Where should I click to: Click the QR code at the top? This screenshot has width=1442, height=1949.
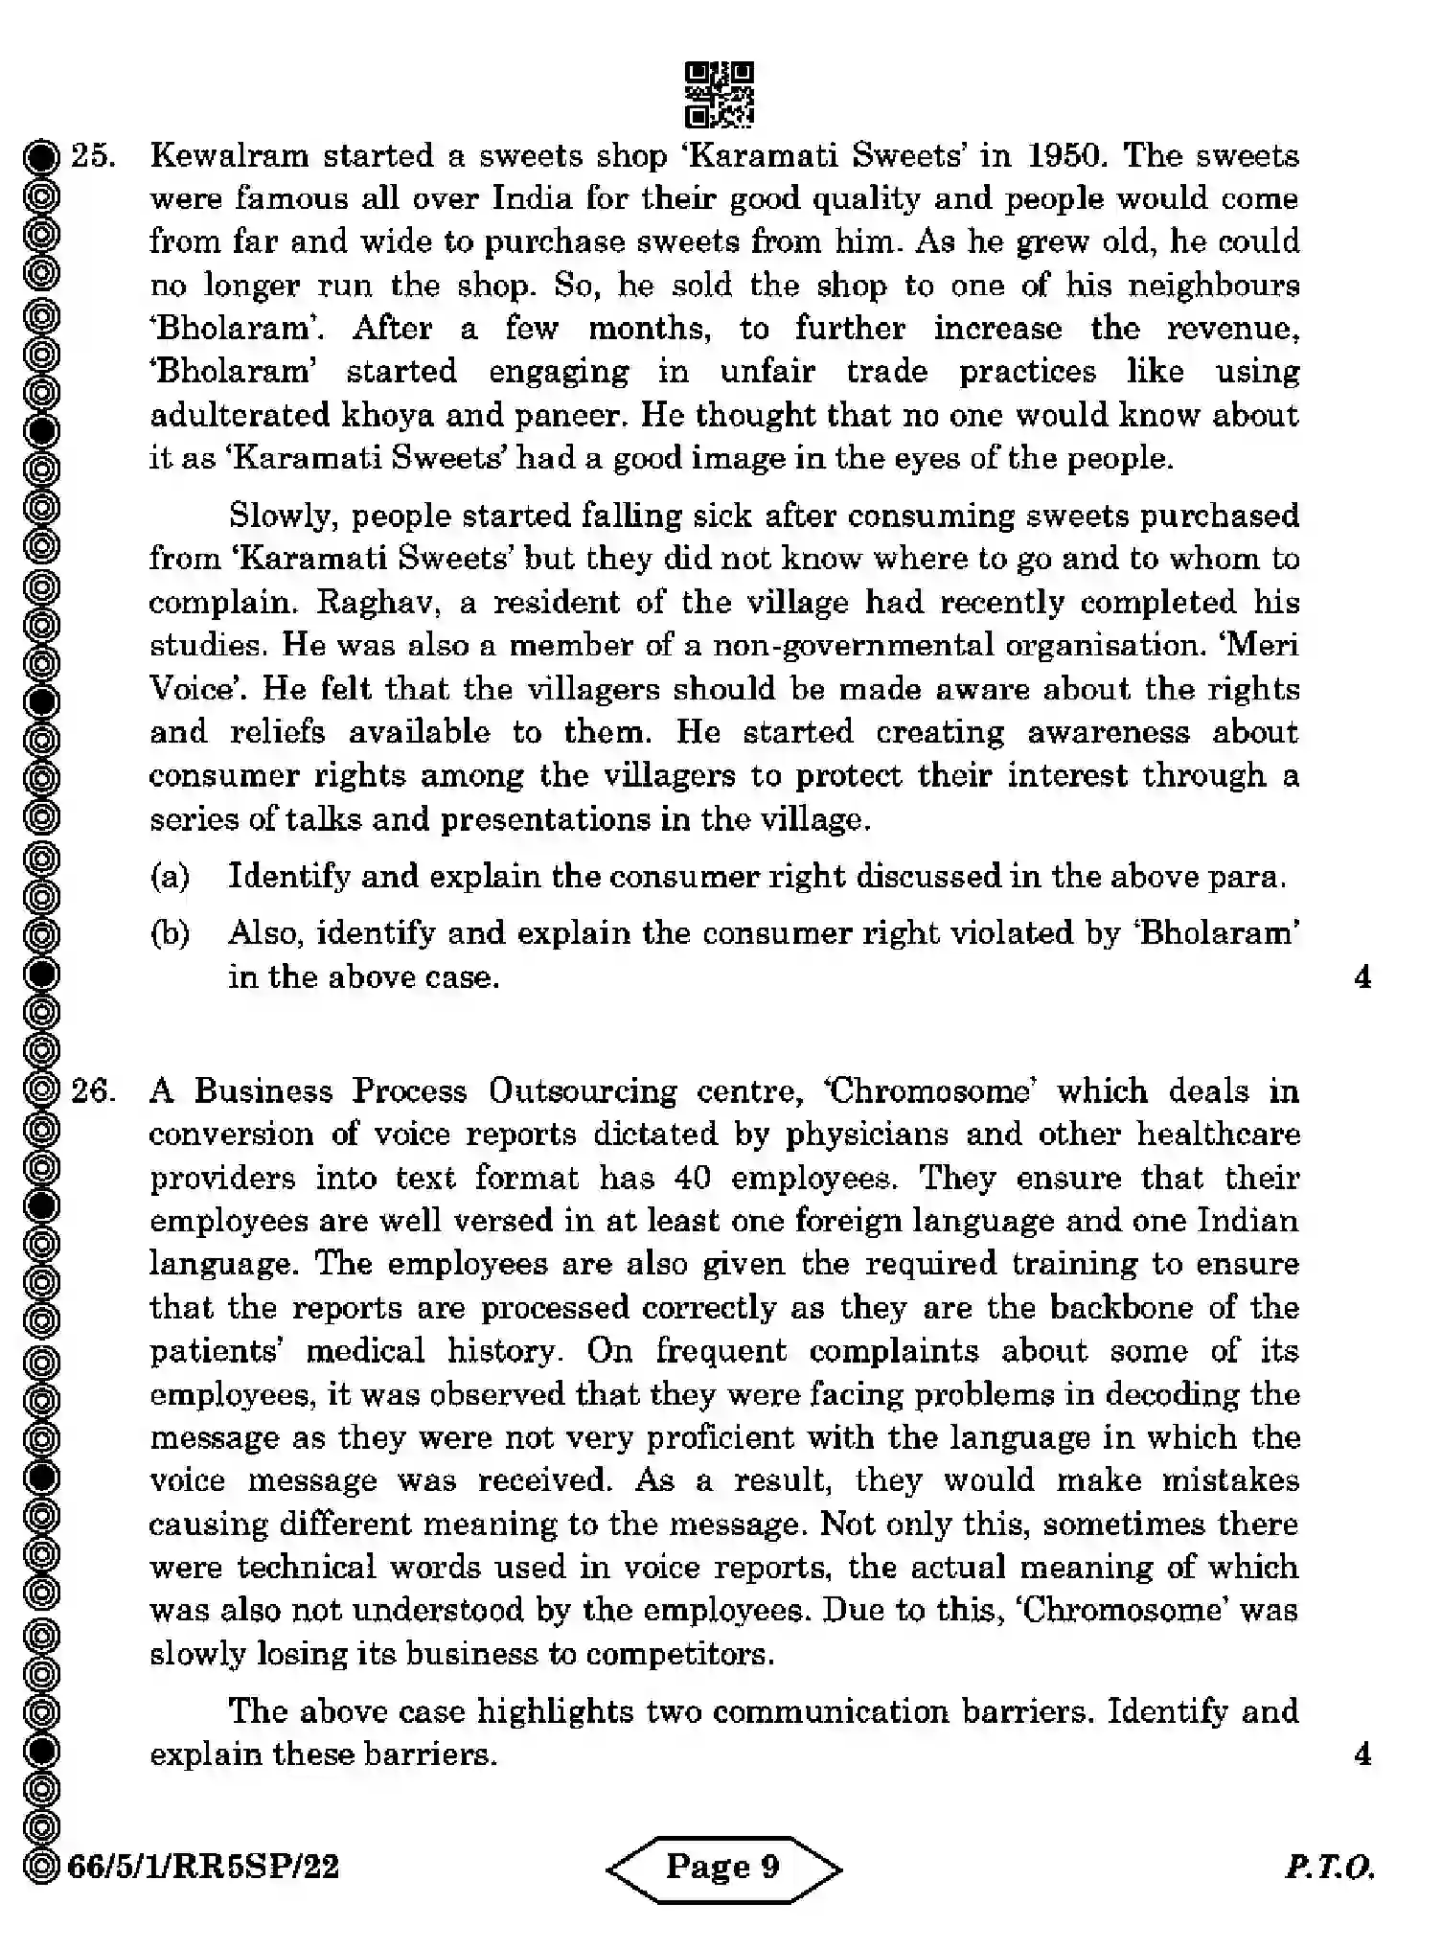coord(720,95)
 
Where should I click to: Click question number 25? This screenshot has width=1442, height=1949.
coord(94,155)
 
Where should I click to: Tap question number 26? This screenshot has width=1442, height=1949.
coord(94,1090)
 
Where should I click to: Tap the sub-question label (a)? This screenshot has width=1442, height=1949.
coord(170,876)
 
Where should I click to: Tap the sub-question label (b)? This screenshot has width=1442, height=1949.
coord(170,932)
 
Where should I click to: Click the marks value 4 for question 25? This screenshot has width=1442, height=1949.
coord(1362,976)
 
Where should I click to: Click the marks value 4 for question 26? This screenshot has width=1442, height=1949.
coord(1362,1754)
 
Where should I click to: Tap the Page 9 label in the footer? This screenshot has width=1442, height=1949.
coord(723,1868)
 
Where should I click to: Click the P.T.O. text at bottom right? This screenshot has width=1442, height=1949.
coord(1329,1868)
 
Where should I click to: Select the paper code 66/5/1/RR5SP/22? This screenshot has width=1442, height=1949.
coord(204,1868)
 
